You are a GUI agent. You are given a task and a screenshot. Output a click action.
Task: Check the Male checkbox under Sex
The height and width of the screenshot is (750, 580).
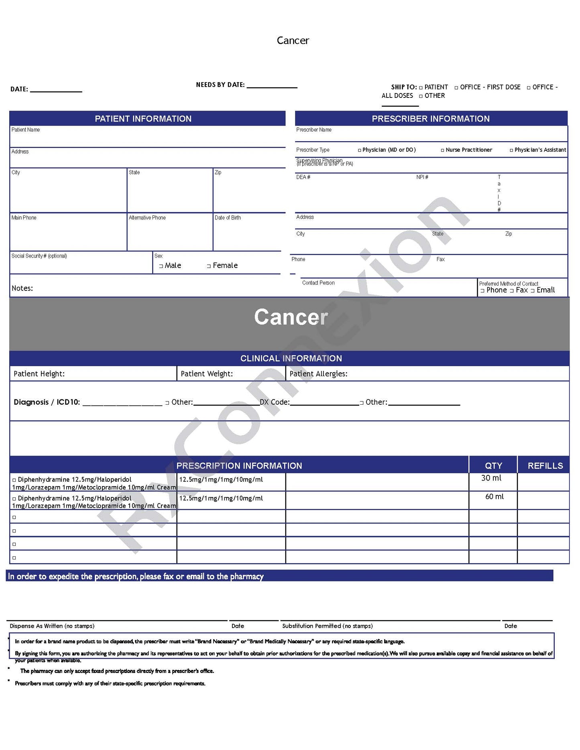click(161, 266)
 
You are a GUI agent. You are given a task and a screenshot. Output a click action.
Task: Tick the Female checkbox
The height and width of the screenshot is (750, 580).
click(209, 266)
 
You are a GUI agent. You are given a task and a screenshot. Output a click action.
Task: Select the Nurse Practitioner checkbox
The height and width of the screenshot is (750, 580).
click(442, 150)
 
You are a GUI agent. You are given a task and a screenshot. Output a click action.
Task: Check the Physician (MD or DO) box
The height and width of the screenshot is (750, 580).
click(359, 150)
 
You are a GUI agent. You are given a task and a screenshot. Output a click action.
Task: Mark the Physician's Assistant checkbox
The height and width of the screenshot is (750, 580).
click(511, 150)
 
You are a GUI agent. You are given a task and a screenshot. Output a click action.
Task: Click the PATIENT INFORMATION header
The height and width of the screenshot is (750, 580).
click(143, 119)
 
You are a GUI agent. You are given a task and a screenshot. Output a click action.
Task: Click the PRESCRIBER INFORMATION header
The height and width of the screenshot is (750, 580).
click(430, 119)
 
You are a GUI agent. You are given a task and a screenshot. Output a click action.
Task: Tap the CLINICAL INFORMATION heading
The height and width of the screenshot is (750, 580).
click(291, 359)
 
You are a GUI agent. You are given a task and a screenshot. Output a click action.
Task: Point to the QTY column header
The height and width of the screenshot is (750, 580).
click(493, 466)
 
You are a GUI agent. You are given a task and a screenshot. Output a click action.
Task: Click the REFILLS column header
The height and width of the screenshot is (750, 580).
click(545, 466)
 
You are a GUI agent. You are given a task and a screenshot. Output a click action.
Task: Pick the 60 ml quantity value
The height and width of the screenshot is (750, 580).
click(494, 497)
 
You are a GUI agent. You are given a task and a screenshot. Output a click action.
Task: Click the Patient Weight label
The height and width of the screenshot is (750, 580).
click(206, 374)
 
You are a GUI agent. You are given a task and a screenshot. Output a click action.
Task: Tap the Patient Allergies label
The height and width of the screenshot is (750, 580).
click(318, 374)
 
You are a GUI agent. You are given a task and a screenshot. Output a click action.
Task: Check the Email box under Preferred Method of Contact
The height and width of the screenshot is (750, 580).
click(533, 291)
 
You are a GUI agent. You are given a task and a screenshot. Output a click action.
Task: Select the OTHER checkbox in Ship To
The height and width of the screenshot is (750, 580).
click(421, 96)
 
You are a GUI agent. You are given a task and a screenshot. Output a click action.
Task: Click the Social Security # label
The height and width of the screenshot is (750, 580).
click(39, 256)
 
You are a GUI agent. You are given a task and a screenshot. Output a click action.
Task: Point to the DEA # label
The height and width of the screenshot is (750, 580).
click(303, 177)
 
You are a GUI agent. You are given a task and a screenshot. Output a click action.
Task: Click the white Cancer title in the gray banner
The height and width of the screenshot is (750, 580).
click(291, 317)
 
